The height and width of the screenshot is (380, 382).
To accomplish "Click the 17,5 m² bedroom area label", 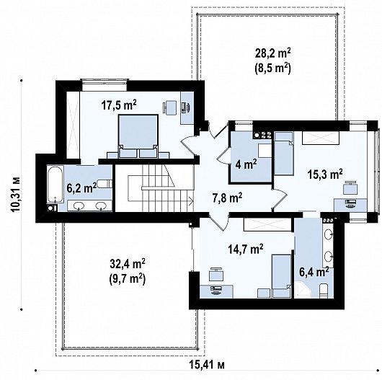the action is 119,105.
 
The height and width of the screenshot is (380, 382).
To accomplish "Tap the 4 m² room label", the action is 246,164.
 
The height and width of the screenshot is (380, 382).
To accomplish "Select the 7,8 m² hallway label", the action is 227,198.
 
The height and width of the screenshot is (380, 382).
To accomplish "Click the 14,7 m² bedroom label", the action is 246,249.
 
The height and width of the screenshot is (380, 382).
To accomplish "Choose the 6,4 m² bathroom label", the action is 314,272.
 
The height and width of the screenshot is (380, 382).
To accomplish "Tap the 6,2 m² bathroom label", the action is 81,188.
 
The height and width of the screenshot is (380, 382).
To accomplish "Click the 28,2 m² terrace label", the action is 273,53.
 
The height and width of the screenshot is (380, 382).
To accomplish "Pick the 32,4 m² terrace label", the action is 128,264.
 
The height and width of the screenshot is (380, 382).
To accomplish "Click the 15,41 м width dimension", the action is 207,365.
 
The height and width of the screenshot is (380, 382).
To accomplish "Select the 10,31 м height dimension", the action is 16,195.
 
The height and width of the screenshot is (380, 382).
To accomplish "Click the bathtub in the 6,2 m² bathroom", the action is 55,185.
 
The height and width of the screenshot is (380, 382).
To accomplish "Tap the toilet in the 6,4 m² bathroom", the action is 324,291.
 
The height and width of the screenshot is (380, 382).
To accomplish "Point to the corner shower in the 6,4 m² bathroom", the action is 302,290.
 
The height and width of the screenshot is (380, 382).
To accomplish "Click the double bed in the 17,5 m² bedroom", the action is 138,136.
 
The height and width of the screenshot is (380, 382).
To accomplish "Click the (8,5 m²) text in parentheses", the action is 273,69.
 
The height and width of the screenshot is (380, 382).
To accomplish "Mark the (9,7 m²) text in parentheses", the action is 128,279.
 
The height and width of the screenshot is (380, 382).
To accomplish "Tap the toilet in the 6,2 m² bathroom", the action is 105,184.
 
